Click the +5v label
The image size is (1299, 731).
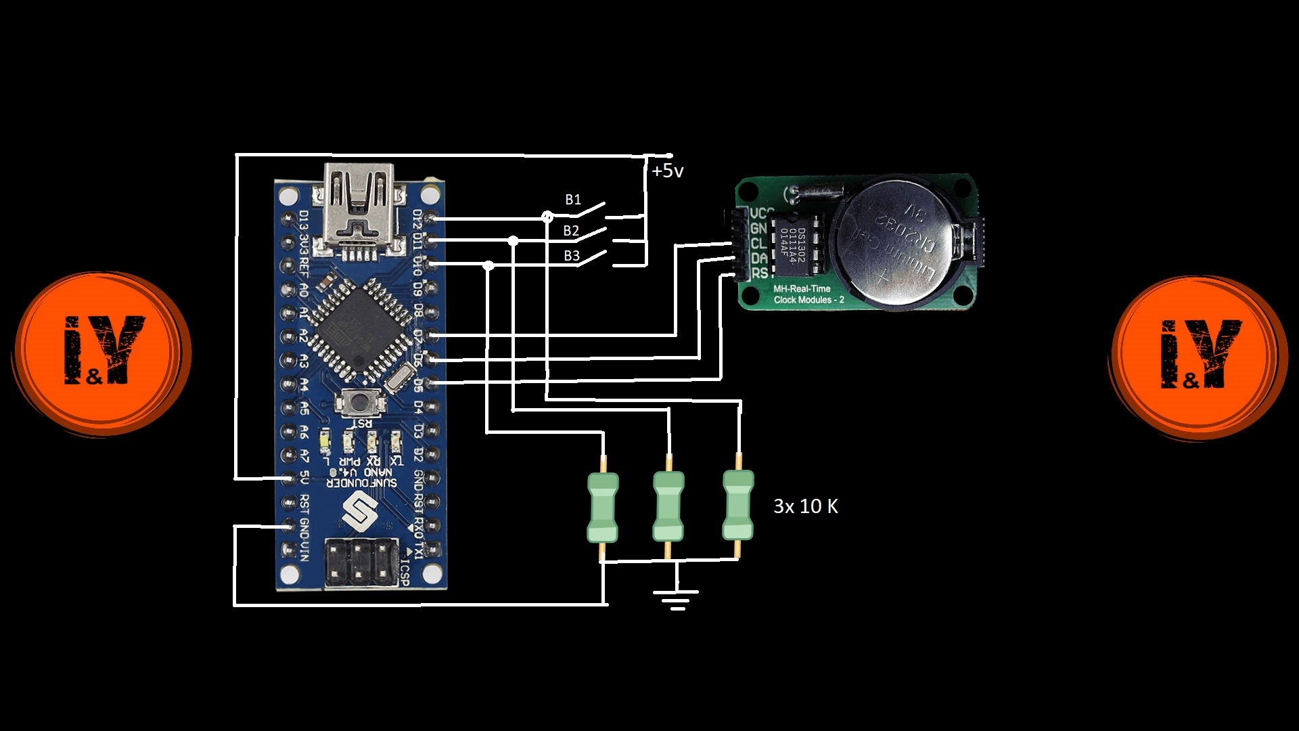pos(667,171)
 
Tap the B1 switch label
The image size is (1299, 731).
pos(573,200)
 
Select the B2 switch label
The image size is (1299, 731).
pos(571,231)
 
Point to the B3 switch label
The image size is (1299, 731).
pos(572,256)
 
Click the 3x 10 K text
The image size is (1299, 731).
pos(805,506)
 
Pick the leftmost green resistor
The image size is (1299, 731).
pos(602,508)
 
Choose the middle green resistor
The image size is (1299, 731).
pos(668,506)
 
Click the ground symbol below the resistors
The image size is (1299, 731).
pos(676,598)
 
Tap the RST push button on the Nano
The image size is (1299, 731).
pos(360,403)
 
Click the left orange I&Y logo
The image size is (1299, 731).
pos(101,352)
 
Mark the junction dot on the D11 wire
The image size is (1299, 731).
pos(514,241)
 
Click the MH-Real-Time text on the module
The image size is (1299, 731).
pos(802,289)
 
